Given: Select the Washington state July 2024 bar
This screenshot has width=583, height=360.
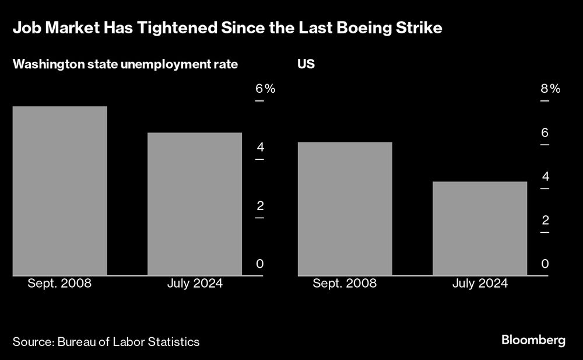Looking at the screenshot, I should point(195,204).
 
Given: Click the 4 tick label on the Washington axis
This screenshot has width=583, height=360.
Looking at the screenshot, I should point(260,147).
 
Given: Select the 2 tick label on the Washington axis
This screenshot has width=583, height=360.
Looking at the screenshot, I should point(260,205).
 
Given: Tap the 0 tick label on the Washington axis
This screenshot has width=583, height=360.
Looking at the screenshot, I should point(260,264).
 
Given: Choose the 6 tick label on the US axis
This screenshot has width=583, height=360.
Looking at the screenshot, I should point(545,132).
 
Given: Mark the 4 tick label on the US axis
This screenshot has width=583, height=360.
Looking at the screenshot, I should point(545,176).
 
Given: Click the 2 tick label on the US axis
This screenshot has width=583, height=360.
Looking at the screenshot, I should point(545,220).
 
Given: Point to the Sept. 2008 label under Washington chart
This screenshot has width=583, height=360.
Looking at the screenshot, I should point(60,284).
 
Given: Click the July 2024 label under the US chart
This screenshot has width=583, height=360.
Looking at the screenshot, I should point(480,284).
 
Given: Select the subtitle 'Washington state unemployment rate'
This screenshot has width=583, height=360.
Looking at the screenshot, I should point(125,64).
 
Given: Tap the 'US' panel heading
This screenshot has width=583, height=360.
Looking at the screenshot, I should point(306,64).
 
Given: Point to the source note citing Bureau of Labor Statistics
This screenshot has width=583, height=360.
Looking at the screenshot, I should point(106,342).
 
